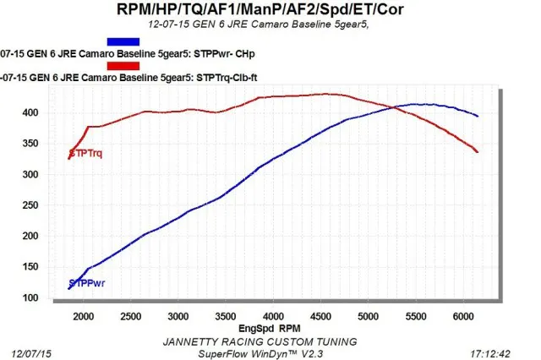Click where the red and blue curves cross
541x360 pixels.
click(391, 106)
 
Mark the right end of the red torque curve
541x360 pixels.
click(478, 152)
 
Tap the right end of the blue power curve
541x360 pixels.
click(478, 116)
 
